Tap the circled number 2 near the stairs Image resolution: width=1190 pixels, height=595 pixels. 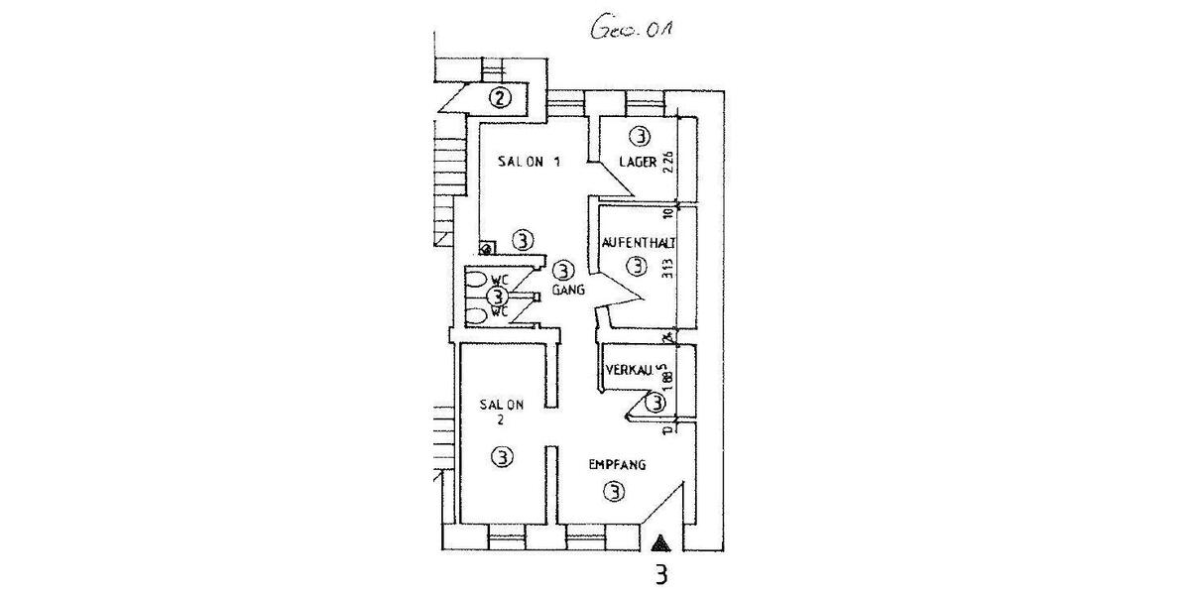502,97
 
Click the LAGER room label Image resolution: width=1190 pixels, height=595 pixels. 637,164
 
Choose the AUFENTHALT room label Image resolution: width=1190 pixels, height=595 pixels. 639,242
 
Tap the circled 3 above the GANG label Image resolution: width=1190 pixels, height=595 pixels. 562,270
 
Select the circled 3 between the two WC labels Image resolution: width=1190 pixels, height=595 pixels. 497,297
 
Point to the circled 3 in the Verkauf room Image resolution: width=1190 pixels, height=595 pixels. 655,403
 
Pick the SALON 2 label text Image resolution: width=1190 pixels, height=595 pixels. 501,411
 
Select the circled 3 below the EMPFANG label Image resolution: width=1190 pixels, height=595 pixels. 615,491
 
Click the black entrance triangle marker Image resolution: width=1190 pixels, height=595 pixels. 661,541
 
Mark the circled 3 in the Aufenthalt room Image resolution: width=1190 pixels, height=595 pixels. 636,266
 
